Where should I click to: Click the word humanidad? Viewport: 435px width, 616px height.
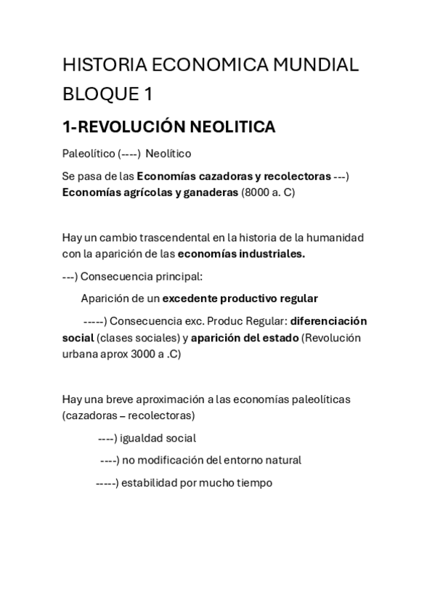[335, 238]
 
